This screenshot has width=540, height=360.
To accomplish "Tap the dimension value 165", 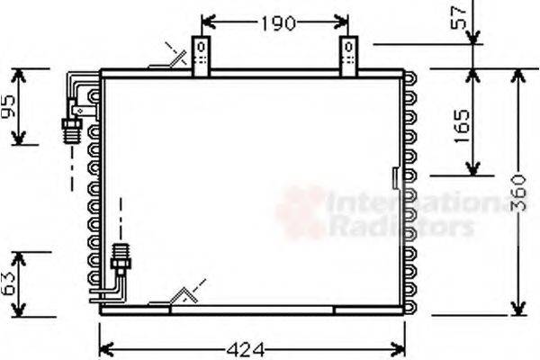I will [x=459, y=122].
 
